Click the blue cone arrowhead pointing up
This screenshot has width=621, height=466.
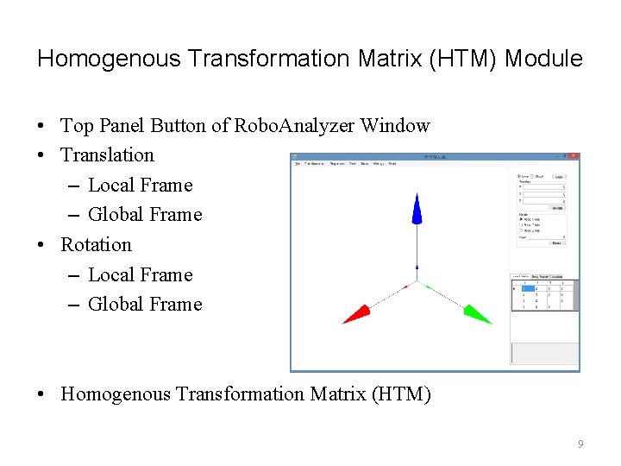417,210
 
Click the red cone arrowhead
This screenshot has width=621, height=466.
356,313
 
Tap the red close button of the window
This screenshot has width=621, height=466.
575,156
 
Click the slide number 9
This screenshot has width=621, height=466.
580,444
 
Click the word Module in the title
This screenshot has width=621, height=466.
543,59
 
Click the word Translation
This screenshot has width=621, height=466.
107,155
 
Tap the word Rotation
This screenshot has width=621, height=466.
96,245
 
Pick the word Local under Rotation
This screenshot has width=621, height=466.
110,275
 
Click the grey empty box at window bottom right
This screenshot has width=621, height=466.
544,354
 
